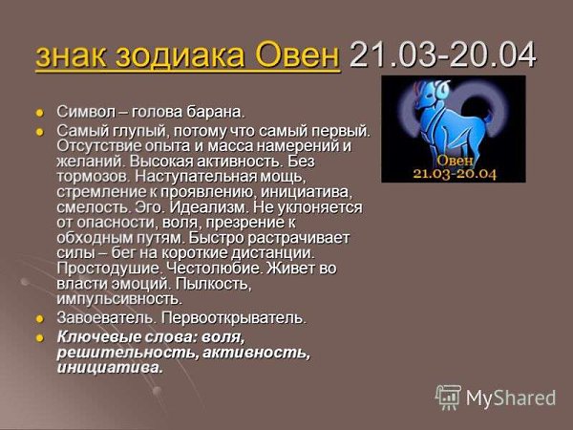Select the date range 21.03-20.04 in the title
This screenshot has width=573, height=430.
(442, 54)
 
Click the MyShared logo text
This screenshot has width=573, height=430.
(511, 398)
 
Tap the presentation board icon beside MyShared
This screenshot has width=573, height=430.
(449, 397)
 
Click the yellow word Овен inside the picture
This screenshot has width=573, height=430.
(455, 161)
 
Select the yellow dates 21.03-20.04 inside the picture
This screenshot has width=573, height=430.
(455, 173)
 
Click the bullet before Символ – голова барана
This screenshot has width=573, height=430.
(39, 112)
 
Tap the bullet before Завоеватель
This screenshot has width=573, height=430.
(39, 319)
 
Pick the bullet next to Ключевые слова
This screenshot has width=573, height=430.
(39, 337)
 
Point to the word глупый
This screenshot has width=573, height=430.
(141, 131)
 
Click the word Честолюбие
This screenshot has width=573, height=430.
(215, 269)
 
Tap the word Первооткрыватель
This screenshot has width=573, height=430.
(233, 318)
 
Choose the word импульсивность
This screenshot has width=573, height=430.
(119, 299)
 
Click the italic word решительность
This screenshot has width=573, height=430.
(129, 353)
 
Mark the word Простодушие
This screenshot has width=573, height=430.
(109, 269)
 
